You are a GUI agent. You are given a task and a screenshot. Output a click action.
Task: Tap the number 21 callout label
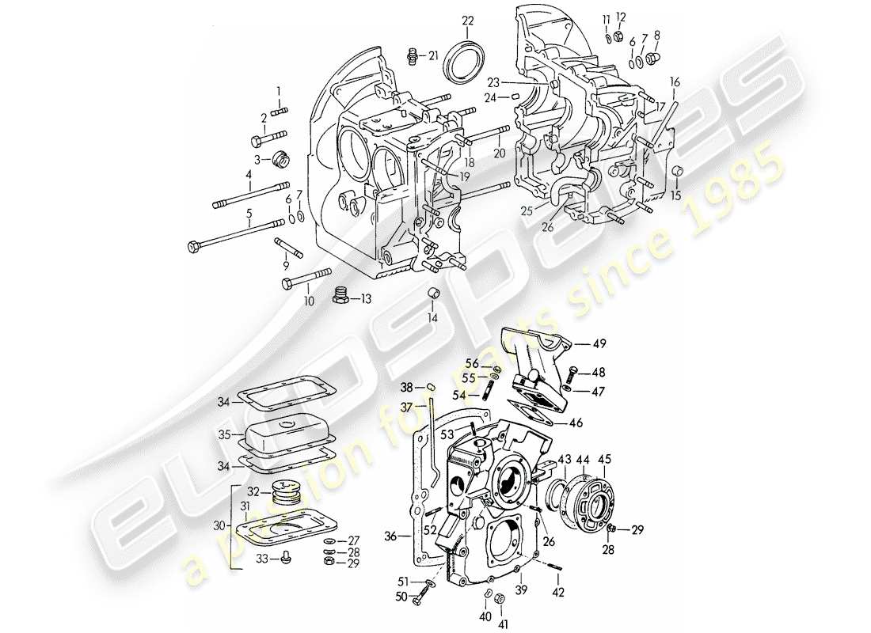tap(433, 55)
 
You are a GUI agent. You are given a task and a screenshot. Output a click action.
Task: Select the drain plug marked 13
tap(341, 296)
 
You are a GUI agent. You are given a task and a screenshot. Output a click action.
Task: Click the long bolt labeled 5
tap(238, 235)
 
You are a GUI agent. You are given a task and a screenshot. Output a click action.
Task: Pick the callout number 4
tap(248, 174)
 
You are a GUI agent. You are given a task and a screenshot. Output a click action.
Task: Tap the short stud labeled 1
tap(278, 112)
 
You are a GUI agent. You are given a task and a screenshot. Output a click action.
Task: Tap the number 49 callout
tap(599, 343)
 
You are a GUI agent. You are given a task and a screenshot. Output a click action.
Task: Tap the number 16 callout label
tap(675, 80)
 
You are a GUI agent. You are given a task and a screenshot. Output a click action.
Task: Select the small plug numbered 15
tap(677, 172)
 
